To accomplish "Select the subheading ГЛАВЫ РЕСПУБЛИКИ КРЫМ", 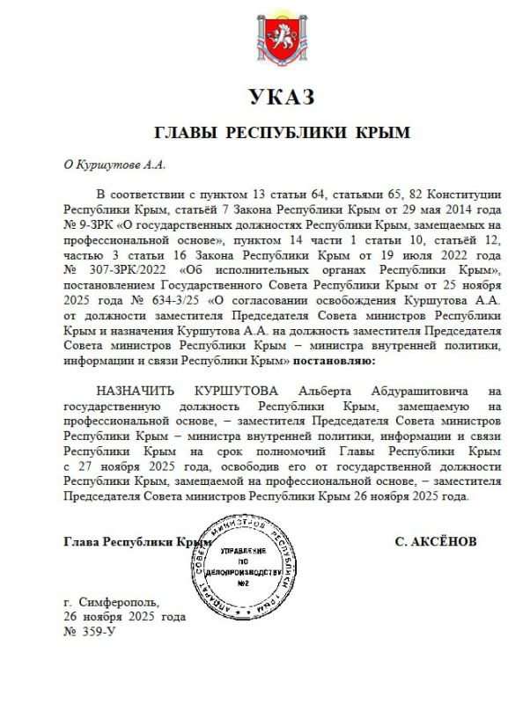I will click(x=283, y=133).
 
